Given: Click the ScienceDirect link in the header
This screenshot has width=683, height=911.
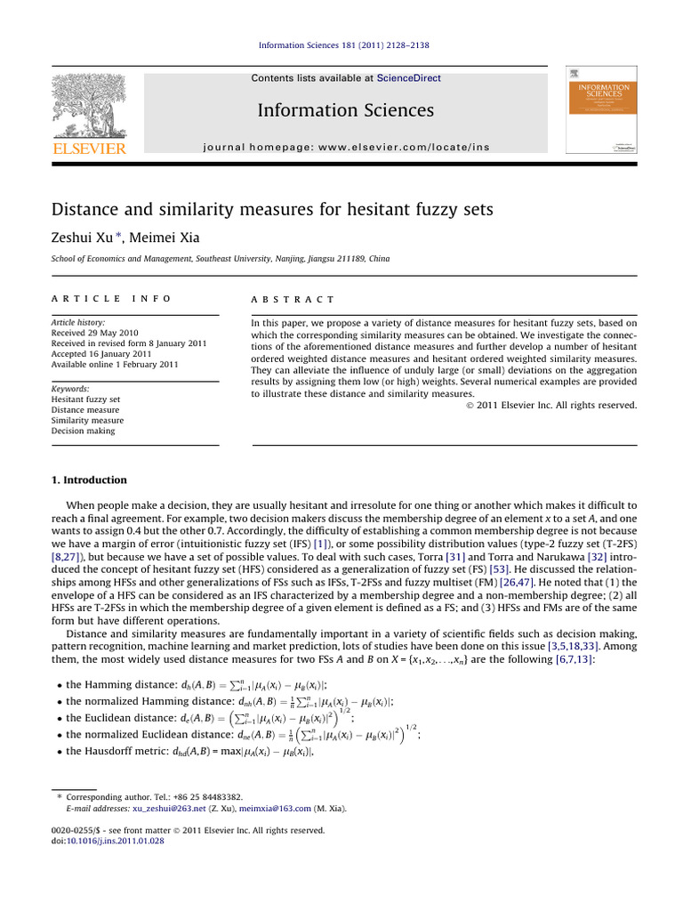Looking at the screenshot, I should pos(409,78).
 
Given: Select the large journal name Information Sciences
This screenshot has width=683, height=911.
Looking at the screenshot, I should pos(346,110).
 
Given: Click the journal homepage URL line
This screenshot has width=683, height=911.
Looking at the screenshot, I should pos(346,146).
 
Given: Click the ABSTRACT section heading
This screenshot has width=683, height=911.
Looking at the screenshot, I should pos(293,300).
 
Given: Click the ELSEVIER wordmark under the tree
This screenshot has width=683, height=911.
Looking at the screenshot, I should pos(89,148).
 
